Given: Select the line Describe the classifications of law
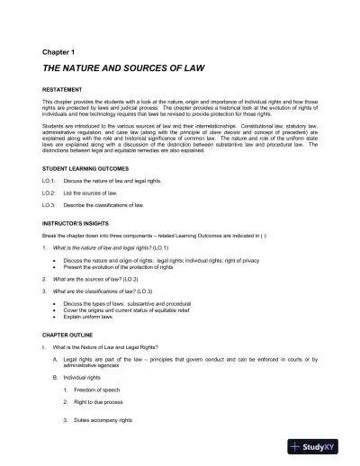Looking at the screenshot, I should point(120,205).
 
